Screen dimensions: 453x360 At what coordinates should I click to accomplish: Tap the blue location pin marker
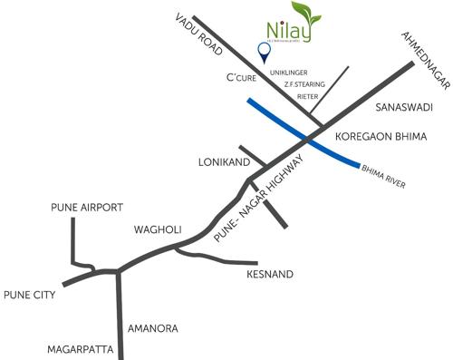coord(265,51)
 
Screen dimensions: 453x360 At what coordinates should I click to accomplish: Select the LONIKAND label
coord(223,164)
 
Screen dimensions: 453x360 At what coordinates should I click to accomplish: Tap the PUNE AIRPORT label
coord(86,208)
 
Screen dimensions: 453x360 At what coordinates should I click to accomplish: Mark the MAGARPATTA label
coord(82,348)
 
